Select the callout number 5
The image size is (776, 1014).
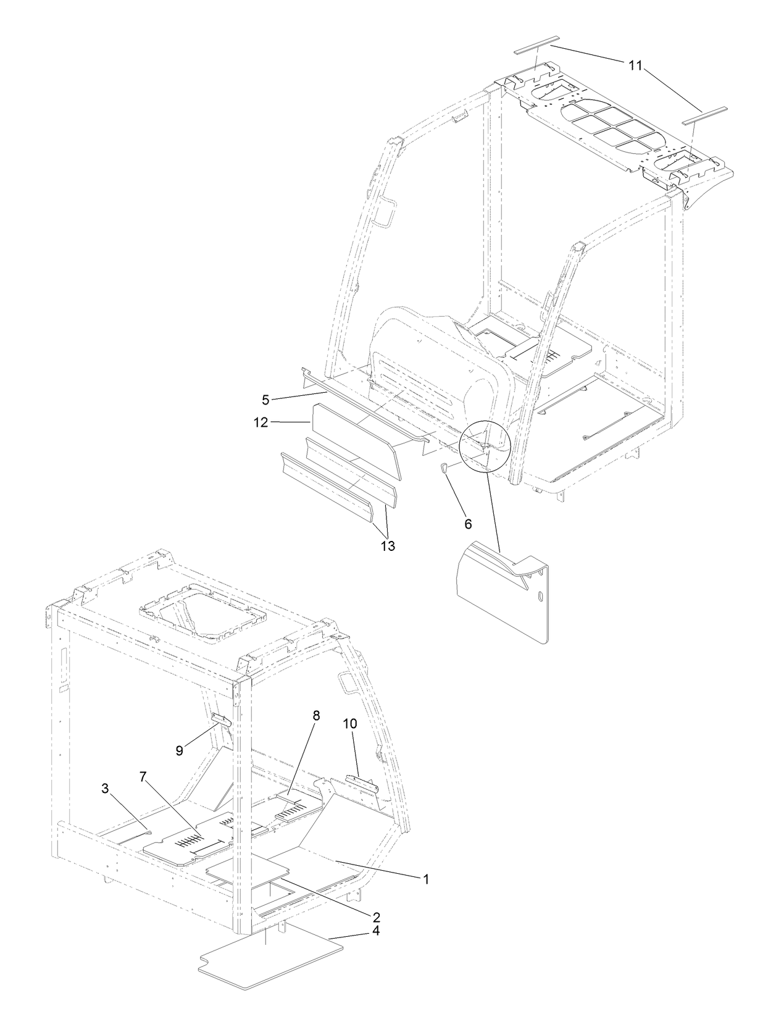tap(265, 400)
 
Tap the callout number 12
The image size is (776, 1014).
tap(260, 422)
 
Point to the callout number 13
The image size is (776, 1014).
tap(388, 546)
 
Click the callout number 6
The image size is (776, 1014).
tap(468, 524)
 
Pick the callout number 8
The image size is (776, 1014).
tap(316, 716)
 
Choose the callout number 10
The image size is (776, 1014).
tap(349, 724)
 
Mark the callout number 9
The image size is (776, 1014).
tap(180, 750)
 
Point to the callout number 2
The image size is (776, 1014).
tap(376, 917)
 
